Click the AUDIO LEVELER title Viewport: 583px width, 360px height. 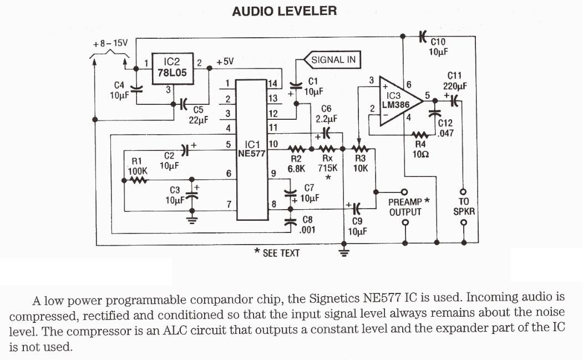click(x=284, y=11)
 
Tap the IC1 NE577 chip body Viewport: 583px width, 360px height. click(x=252, y=149)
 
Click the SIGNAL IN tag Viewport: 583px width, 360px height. click(x=334, y=60)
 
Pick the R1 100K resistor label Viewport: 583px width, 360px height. click(x=138, y=167)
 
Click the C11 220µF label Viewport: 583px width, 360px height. click(x=455, y=81)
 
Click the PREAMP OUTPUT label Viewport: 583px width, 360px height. click(x=405, y=207)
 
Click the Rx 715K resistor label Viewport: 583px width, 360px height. click(x=327, y=163)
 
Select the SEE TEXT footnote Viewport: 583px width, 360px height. click(x=277, y=253)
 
